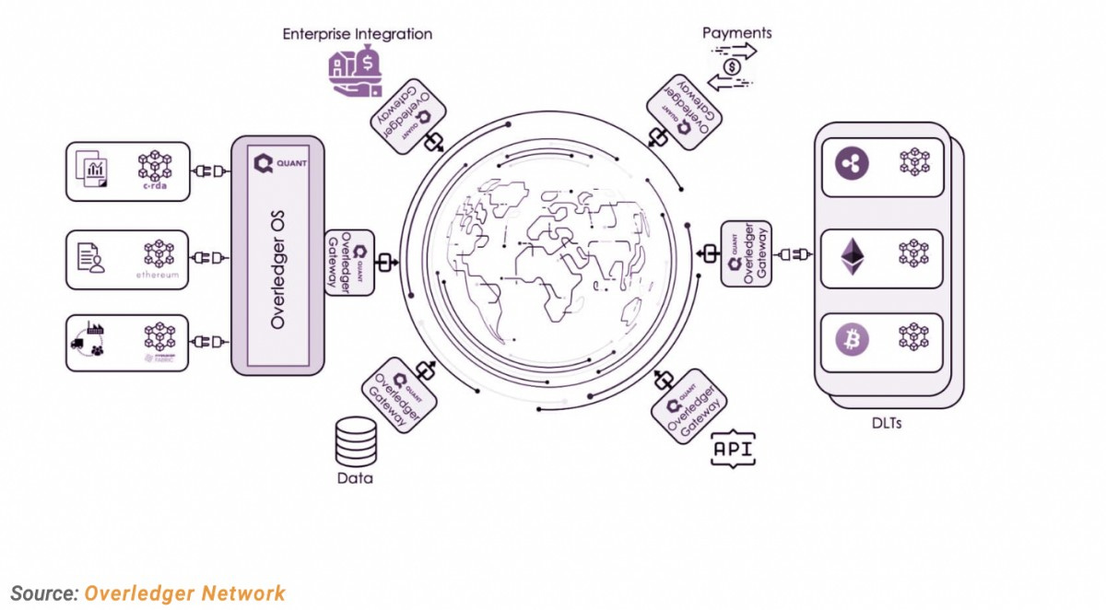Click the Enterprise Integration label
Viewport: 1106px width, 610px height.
coord(357,34)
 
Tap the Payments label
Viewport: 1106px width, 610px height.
coord(736,33)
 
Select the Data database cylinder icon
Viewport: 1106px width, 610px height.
coord(356,441)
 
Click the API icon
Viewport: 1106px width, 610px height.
coord(733,450)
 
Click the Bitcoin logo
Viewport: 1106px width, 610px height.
coord(852,339)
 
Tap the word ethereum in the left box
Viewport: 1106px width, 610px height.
coord(158,276)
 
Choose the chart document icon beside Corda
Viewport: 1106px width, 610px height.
coord(92,170)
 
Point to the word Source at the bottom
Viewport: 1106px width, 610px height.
coord(44,593)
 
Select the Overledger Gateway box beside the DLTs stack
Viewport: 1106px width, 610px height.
coord(745,252)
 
